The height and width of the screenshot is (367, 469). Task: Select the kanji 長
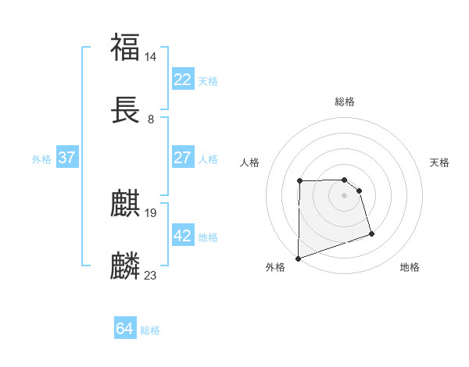click(126, 111)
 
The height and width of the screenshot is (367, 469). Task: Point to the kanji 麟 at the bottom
click(126, 265)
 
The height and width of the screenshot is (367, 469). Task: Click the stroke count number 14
click(151, 56)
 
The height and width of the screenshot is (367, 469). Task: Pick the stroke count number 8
click(151, 119)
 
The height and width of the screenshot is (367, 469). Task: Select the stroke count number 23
click(151, 274)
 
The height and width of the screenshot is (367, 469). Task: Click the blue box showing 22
click(182, 80)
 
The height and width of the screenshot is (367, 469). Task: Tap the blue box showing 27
click(182, 158)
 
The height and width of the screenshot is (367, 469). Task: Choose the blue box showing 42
click(182, 236)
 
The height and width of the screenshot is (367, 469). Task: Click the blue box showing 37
click(66, 158)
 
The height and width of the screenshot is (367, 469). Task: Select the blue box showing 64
click(124, 329)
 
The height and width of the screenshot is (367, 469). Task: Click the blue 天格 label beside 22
click(208, 80)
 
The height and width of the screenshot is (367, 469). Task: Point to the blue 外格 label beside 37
click(41, 159)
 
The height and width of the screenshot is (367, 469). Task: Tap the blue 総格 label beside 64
click(150, 330)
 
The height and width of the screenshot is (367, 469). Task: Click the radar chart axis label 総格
click(344, 102)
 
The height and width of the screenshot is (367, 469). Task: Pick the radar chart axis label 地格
click(410, 267)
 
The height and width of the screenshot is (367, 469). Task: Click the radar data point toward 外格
click(298, 258)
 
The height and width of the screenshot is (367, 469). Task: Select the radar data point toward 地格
click(371, 233)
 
